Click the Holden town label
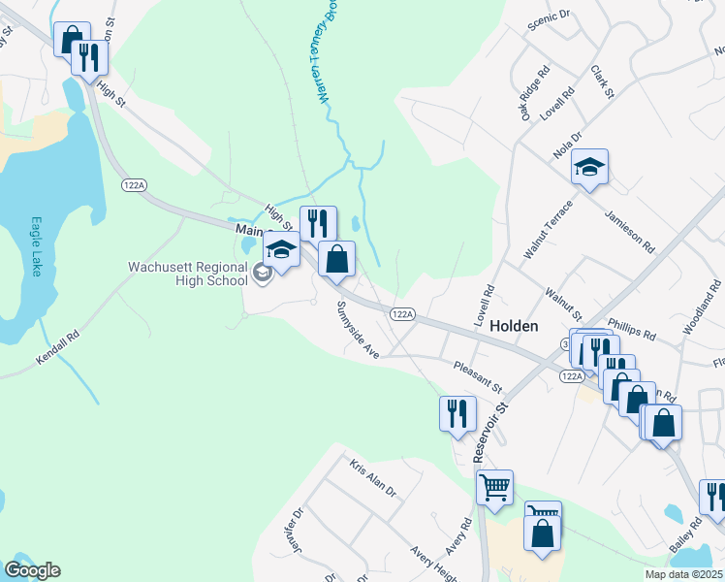(514, 327)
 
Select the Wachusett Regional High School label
(190, 275)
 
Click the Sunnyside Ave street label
(357, 330)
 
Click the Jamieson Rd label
(631, 232)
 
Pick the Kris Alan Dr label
(374, 478)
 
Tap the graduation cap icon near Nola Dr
(589, 168)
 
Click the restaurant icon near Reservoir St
(457, 414)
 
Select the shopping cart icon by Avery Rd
(495, 488)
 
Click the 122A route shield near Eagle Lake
(134, 184)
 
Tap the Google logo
(32, 570)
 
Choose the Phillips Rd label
(632, 329)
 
